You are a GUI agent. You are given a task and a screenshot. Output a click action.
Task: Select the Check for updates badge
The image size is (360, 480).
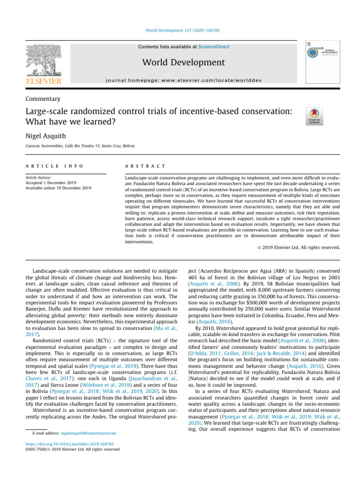click(x=314, y=116)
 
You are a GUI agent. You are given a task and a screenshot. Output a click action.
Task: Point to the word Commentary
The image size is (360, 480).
click(x=43, y=99)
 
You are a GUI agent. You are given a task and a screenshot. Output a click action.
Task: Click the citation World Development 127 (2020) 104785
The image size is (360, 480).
click(x=180, y=30)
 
